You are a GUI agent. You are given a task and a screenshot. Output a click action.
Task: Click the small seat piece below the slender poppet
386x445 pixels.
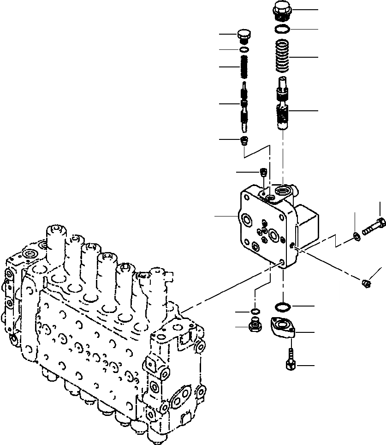(x=245, y=139)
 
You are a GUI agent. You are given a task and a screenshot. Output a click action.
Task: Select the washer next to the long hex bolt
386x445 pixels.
(x=356, y=236)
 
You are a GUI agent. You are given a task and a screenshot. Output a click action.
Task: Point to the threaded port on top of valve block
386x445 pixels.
(x=283, y=191)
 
